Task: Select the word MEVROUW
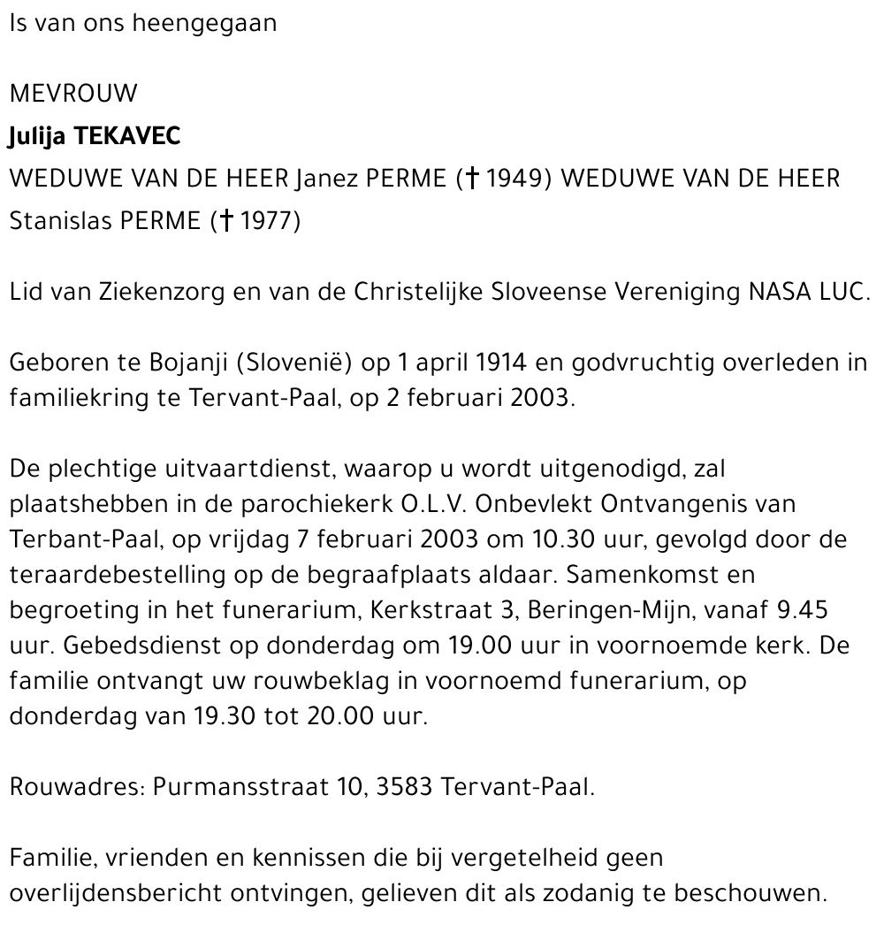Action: [73, 95]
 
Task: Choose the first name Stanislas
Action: [58, 221]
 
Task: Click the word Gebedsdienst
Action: [144, 646]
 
